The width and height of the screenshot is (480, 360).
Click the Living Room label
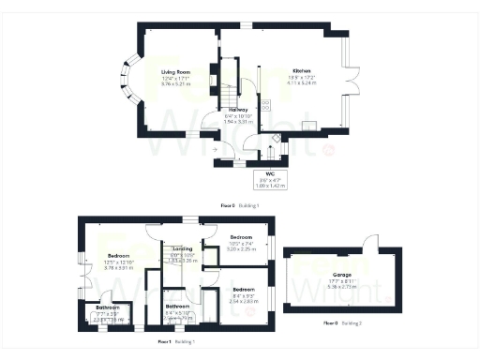[175, 71]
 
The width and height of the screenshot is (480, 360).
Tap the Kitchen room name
[301, 71]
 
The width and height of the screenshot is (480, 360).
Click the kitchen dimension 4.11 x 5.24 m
[301, 83]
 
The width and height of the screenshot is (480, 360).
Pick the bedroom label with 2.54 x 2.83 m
[244, 290]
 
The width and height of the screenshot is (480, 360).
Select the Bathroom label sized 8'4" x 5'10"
[178, 307]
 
